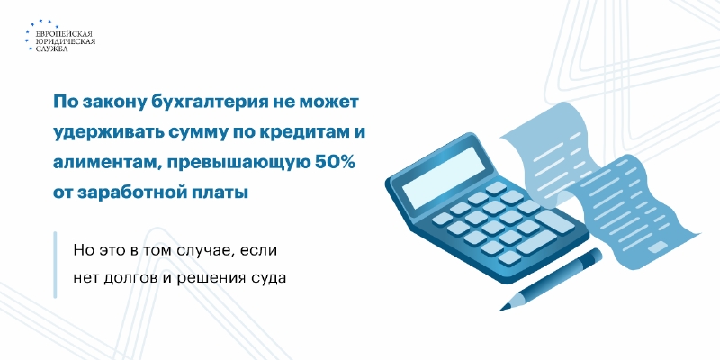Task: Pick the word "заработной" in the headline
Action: click(134, 193)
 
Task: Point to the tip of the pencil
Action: click(501, 310)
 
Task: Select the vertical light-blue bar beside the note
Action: click(55, 265)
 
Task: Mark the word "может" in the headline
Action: click(328, 103)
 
